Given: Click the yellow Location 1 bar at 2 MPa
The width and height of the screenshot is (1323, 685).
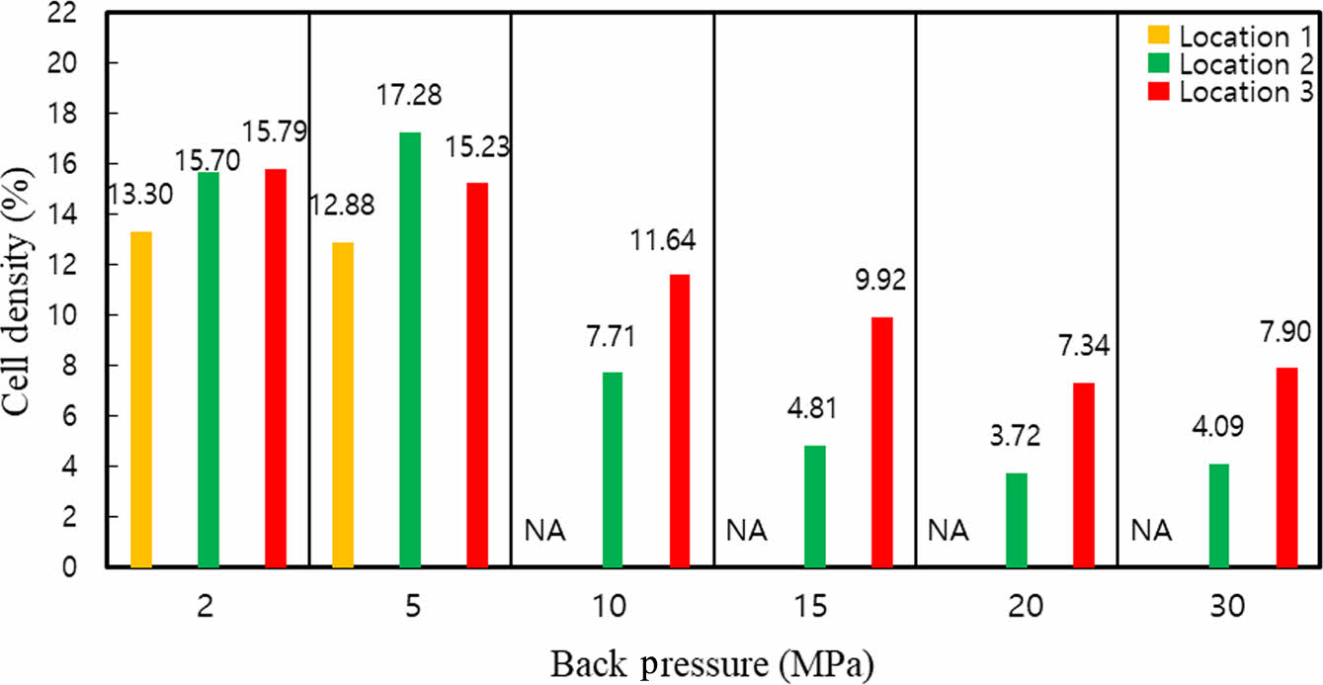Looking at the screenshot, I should pyautogui.click(x=141, y=399).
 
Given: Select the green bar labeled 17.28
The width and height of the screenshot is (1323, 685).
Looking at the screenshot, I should pyautogui.click(x=410, y=350).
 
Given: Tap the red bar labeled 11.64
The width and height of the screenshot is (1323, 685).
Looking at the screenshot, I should pyautogui.click(x=680, y=421).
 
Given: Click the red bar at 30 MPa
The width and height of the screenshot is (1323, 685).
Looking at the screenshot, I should pyautogui.click(x=1286, y=468).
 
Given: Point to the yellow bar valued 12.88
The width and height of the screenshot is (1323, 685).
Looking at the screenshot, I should pyautogui.click(x=343, y=405).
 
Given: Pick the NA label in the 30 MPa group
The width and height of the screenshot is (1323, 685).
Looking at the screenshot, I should pyautogui.click(x=1151, y=532).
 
